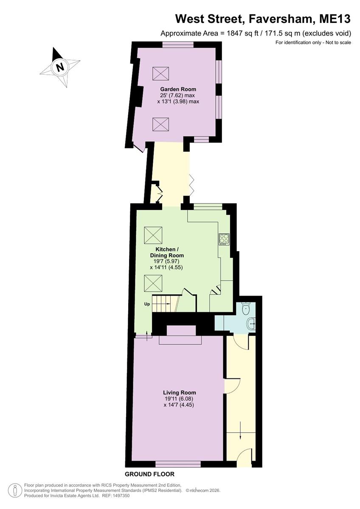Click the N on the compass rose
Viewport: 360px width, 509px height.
point(60,67)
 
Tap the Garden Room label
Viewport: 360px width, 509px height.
point(178,89)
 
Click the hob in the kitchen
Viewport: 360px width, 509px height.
point(224,239)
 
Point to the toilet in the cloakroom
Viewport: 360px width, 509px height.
point(246,309)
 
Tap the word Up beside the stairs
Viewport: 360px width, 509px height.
point(147,304)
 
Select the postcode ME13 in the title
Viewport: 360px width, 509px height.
point(335,19)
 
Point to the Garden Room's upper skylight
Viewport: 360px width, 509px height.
point(160,74)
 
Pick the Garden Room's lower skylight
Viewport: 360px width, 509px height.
point(160,124)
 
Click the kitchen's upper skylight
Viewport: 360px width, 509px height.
point(153,235)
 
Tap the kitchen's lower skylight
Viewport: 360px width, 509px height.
point(153,283)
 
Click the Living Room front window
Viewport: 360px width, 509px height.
point(178,464)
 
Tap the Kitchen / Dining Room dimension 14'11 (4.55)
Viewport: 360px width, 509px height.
point(166,268)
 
